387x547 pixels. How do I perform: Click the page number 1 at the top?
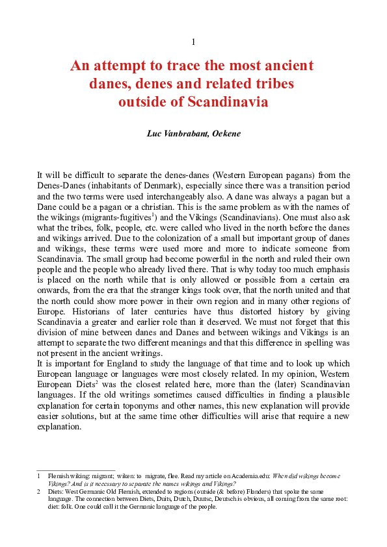(x=193, y=42)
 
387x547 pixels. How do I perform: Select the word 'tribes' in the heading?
(x=273, y=84)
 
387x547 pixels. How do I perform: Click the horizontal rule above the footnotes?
(x=75, y=470)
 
